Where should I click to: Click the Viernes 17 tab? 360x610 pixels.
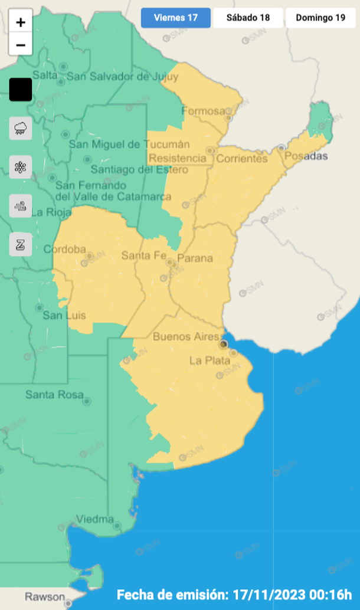175,18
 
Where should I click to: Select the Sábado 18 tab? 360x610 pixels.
248,18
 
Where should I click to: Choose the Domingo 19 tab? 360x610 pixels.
320,18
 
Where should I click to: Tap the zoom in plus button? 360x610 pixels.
21,22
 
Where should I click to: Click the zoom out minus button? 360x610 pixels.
21,45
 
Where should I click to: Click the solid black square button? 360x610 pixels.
21,90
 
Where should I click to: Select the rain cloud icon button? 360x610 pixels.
21,128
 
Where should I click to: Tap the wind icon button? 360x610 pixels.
21,206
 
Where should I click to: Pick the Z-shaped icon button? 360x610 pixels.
21,244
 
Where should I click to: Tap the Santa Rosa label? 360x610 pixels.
54,395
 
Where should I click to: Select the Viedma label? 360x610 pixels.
94,519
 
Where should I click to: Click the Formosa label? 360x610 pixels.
204,111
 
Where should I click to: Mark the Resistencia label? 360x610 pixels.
178,158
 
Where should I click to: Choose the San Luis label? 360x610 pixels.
64,316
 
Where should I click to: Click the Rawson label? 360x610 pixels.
45,597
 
